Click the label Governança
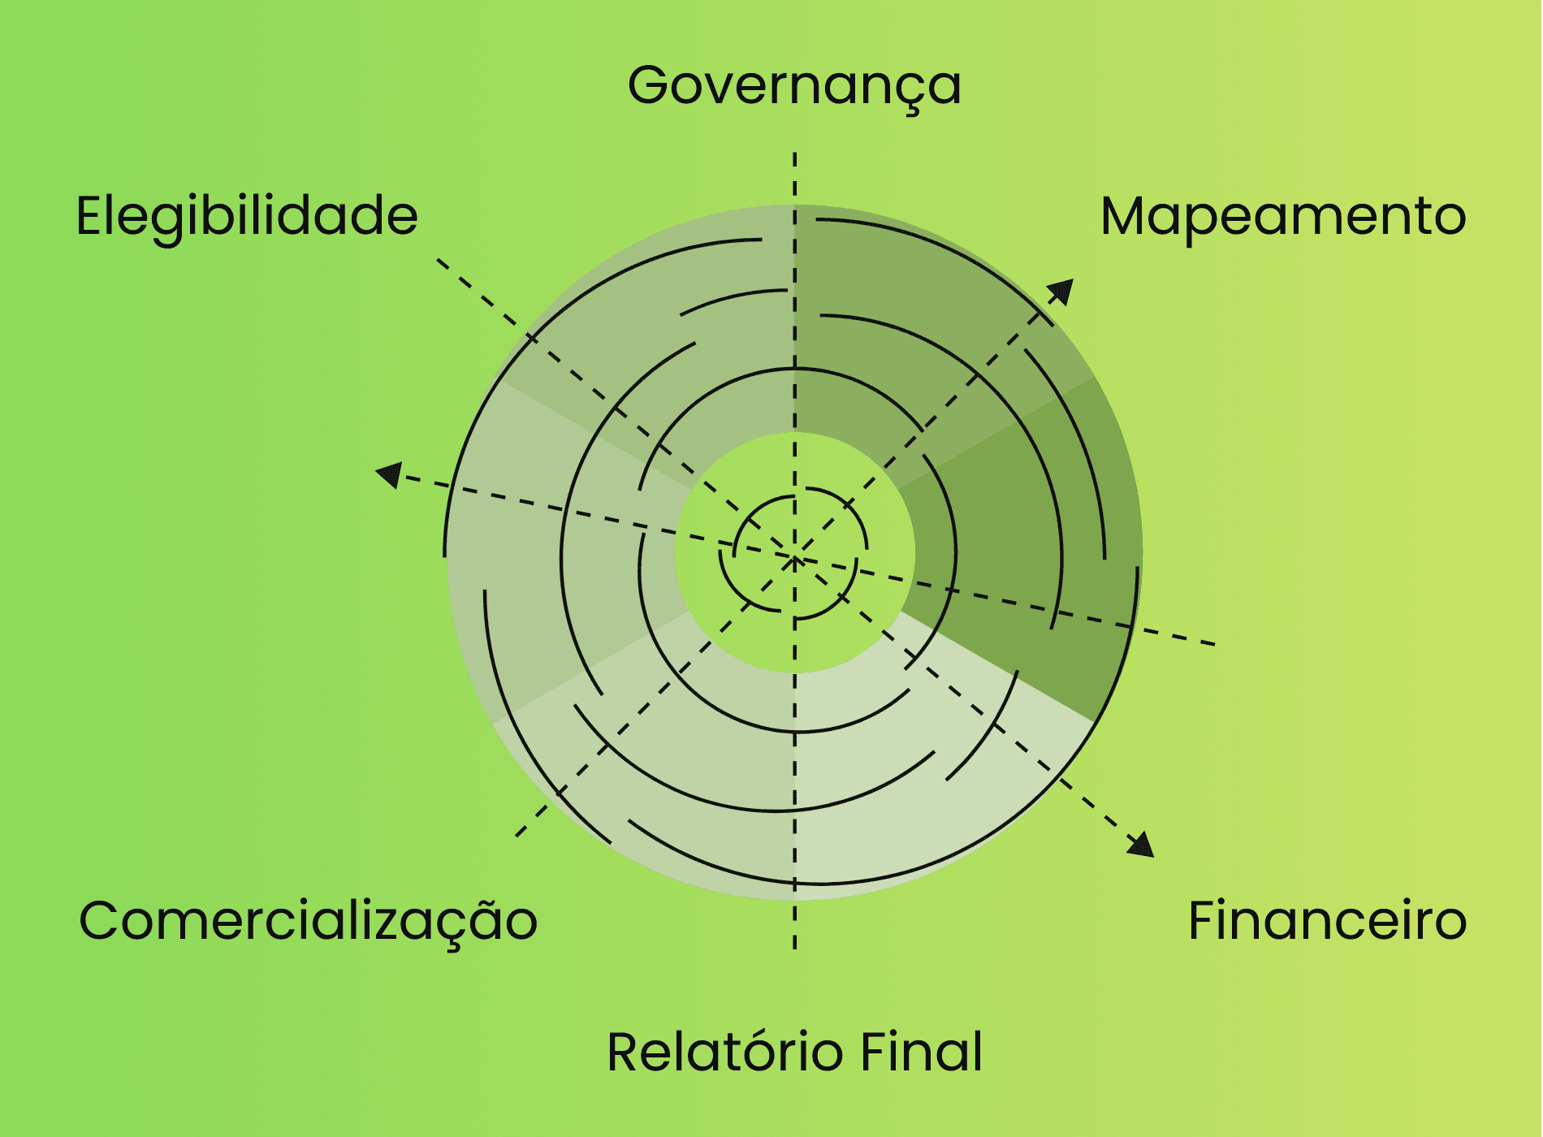click(794, 86)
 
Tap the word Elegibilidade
click(247, 216)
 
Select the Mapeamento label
click(1283, 216)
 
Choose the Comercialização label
click(308, 921)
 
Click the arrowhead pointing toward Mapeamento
click(1061, 291)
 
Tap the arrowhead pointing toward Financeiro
click(1142, 845)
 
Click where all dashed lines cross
click(795, 557)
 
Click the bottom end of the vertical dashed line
click(795, 947)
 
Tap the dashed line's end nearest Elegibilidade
click(439, 261)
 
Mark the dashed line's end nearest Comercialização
click(517, 835)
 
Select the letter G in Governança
click(653, 85)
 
